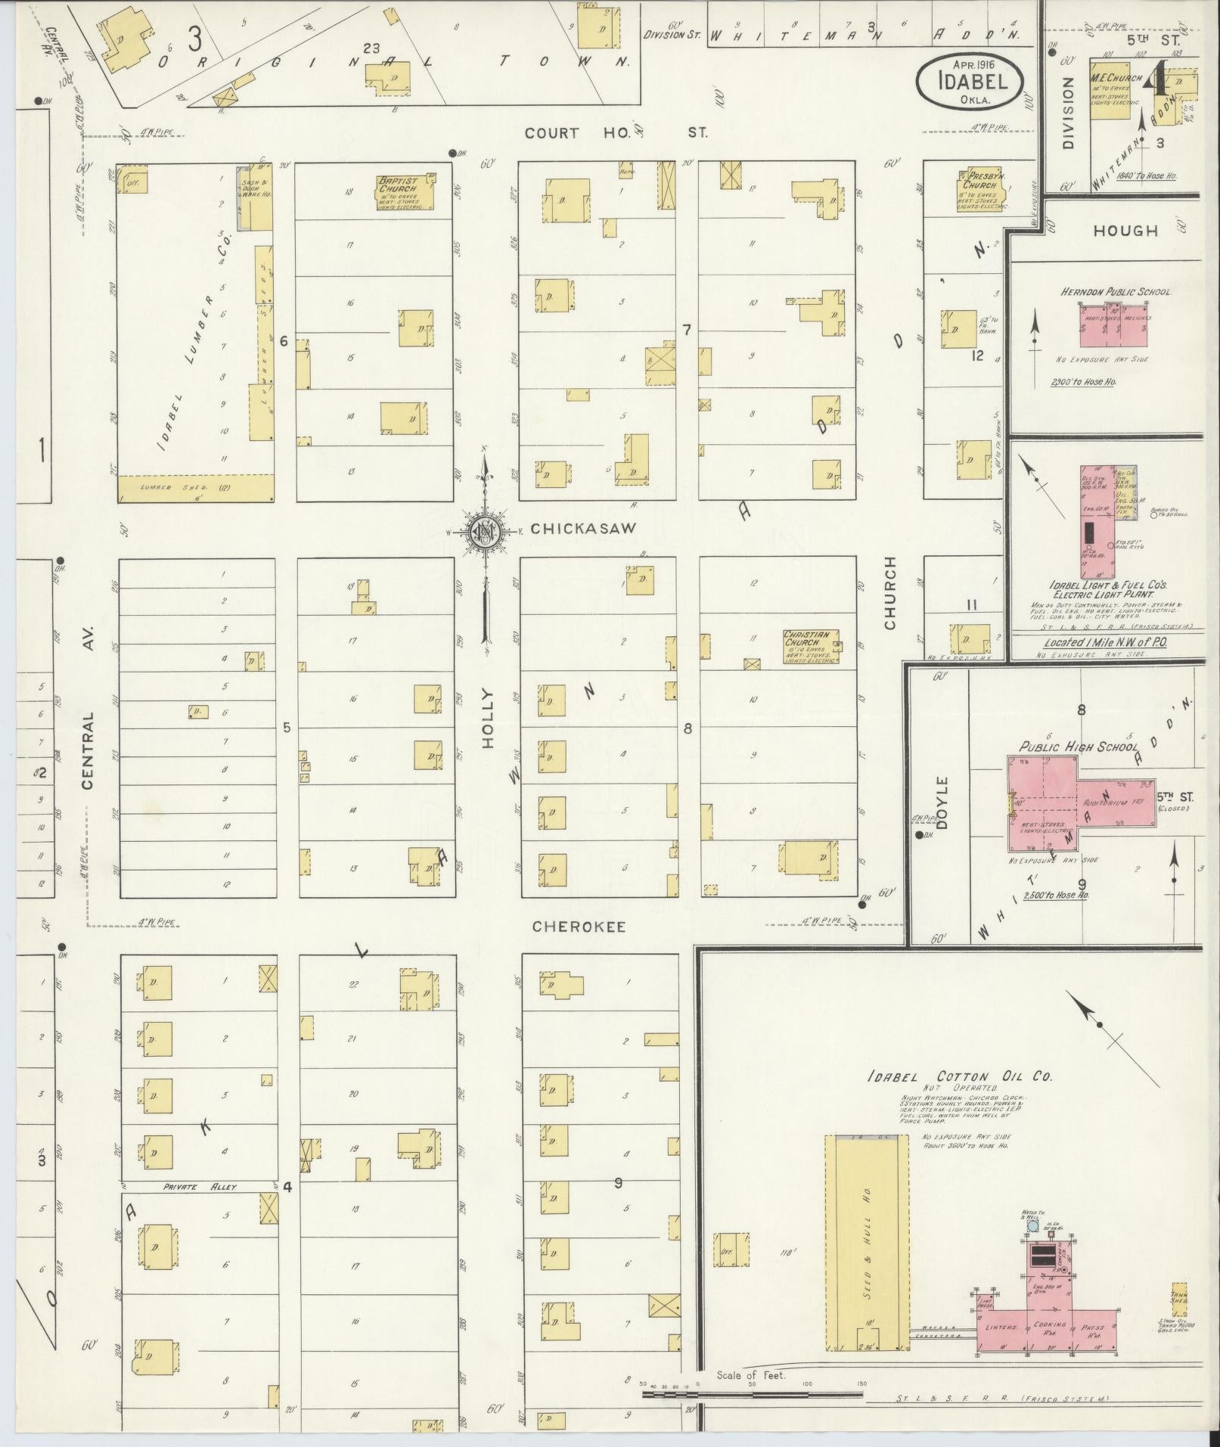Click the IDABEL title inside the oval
pyautogui.click(x=970, y=79)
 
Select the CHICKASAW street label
pyautogui.click(x=584, y=529)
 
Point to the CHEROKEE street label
pyautogui.click(x=579, y=927)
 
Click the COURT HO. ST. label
pyautogui.click(x=616, y=133)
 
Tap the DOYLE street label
pyautogui.click(x=942, y=802)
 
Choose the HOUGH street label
pyautogui.click(x=1125, y=231)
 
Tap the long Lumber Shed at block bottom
pyautogui.click(x=195, y=488)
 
